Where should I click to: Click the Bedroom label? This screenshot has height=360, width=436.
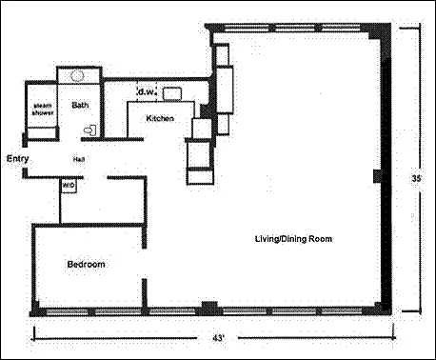point(86,264)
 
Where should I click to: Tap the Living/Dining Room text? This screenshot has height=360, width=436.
point(293,239)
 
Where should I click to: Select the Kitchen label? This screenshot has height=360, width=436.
point(160,118)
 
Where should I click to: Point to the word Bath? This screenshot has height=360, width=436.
point(80,105)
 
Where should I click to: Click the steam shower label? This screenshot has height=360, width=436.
point(43,109)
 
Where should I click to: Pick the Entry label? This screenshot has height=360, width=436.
point(18,158)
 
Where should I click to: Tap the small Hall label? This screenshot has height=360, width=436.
point(79,159)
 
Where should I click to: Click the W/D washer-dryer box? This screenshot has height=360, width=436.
point(69,186)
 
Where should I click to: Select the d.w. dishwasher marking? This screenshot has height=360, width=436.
point(147,92)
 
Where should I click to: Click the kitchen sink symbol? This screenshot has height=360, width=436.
point(172,94)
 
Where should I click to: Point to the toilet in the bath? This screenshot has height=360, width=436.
point(90,130)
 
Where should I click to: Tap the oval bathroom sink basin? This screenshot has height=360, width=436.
point(77,75)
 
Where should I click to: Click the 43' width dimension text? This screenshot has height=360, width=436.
point(218,338)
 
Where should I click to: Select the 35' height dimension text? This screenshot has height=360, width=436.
point(416,178)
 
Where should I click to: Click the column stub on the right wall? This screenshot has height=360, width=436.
point(378,176)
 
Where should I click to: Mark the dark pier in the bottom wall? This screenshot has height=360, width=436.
point(209,308)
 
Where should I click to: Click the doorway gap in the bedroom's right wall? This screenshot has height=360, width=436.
point(145,264)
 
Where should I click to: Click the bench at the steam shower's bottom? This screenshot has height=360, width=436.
point(42,132)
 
